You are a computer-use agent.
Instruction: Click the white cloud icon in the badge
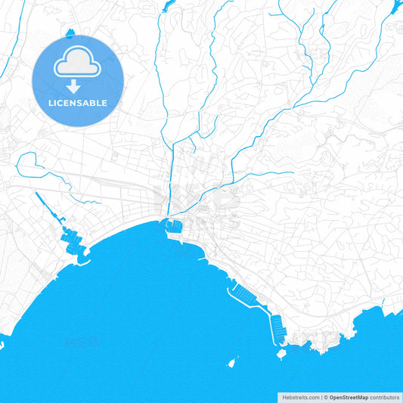coord(77,64)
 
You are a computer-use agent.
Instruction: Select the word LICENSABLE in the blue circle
coord(77,103)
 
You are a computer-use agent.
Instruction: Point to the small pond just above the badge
coord(70,33)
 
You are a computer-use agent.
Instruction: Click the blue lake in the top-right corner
coord(396,7)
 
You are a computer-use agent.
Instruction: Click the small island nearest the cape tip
coord(281,353)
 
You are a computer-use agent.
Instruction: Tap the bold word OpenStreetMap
coord(349,396)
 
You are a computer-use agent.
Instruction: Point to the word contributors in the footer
coord(385,396)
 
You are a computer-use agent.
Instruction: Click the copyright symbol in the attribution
coord(325,396)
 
